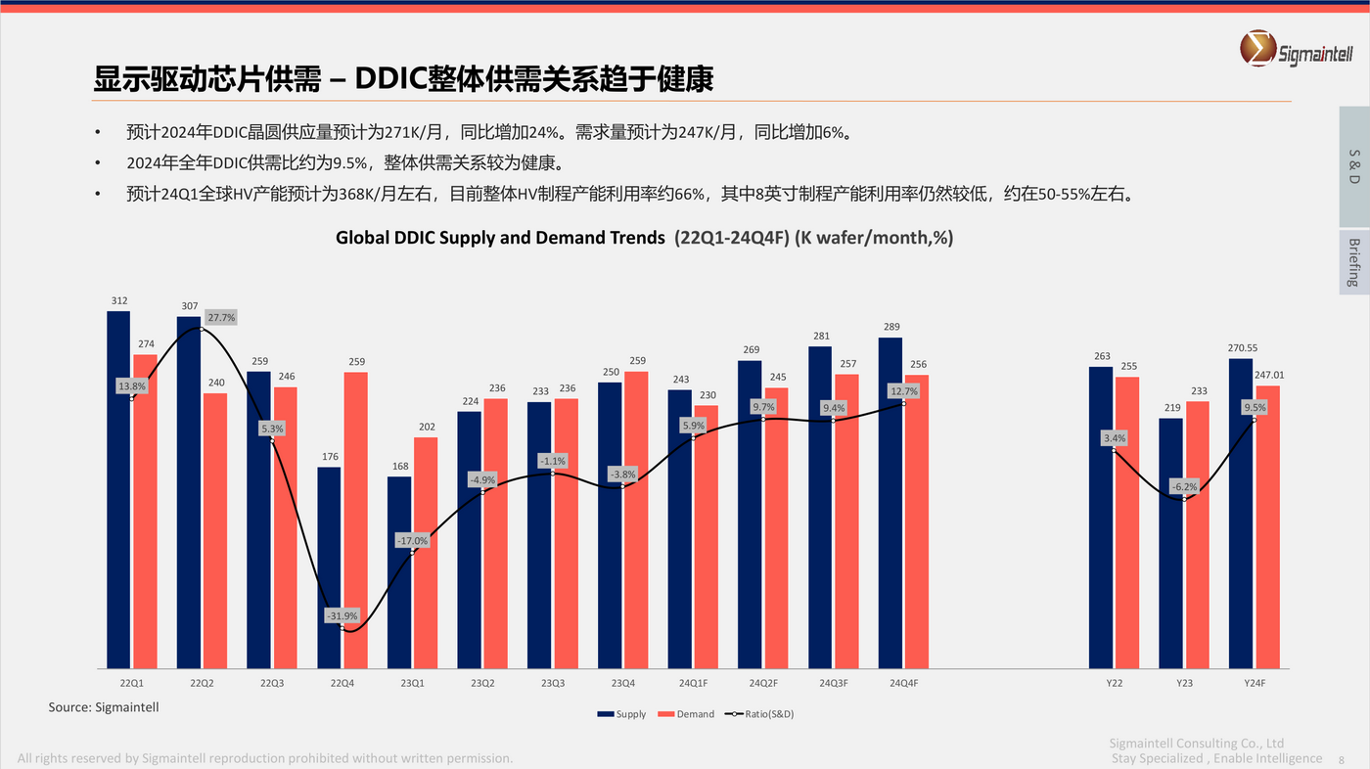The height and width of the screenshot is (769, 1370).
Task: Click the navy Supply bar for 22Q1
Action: pyautogui.click(x=118, y=489)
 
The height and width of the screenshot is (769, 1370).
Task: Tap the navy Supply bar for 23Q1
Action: pyautogui.click(x=399, y=572)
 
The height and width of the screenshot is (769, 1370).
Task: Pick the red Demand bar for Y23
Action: pyautogui.click(x=1198, y=534)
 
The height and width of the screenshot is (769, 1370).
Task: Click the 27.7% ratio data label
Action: pyautogui.click(x=221, y=318)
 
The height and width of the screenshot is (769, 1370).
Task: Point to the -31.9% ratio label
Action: pyautogui.click(x=342, y=615)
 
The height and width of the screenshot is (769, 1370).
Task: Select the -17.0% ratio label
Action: pyautogui.click(x=412, y=541)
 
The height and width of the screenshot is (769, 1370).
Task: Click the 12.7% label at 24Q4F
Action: pyautogui.click(x=904, y=391)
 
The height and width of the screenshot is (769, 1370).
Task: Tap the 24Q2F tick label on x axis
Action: pyautogui.click(x=763, y=683)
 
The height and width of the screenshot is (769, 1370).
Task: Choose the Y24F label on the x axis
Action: pyautogui.click(x=1255, y=683)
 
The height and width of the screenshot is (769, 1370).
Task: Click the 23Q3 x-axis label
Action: pyautogui.click(x=552, y=683)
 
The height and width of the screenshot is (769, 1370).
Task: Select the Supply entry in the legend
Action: pyautogui.click(x=622, y=714)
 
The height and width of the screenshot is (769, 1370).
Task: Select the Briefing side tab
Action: pyautogui.click(x=1353, y=262)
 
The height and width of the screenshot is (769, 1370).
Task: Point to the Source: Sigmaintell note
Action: pyautogui.click(x=104, y=706)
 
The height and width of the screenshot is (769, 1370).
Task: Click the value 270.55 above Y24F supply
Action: pyautogui.click(x=1243, y=347)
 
